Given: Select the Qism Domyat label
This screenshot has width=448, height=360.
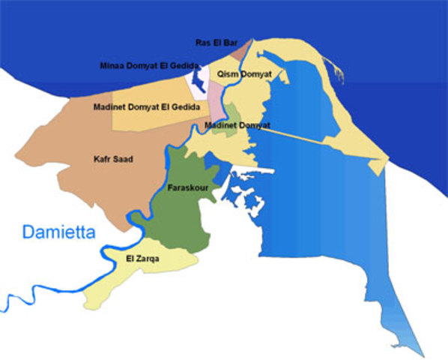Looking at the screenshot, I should tap(243, 73).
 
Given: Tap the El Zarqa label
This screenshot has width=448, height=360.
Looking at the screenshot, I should tap(143, 259).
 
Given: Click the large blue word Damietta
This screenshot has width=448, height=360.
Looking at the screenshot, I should tap(59, 232).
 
